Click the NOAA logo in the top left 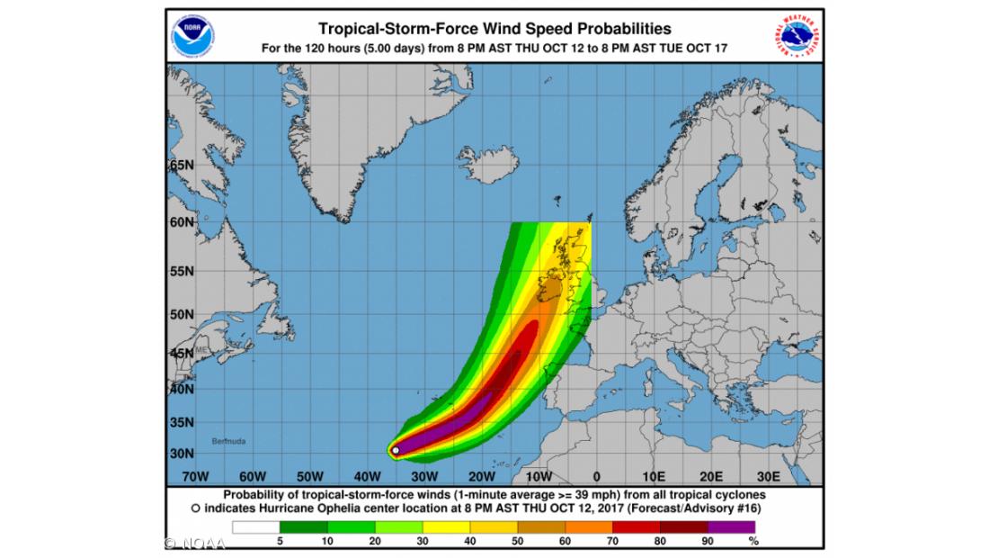click(193, 33)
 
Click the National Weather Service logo click(797, 35)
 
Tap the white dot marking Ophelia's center click(396, 450)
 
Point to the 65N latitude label click(182, 166)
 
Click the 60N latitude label click(182, 221)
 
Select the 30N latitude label click(182, 453)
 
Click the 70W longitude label click(195, 475)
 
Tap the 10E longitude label click(654, 475)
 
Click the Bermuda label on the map click(228, 441)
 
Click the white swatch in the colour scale click(256, 527)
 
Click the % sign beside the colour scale click(753, 542)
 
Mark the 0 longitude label click(596, 475)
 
